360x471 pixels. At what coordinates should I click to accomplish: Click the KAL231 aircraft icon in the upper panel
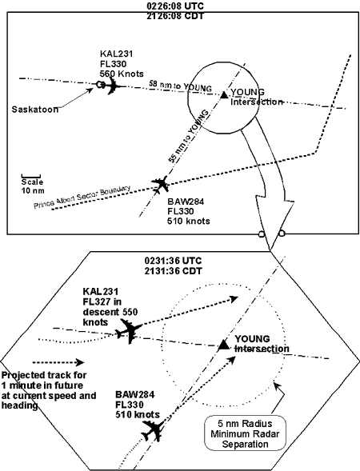112,86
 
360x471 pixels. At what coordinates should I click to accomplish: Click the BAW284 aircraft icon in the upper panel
160,184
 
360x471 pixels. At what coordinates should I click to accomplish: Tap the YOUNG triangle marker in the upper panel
224,94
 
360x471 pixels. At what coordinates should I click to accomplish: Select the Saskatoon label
35,109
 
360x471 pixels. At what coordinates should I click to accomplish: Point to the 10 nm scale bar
31,175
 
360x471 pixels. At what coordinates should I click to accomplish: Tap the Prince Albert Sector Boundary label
82,197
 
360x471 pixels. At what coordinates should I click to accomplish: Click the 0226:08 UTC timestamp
175,6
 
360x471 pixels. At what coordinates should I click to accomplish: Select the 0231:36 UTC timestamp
173,261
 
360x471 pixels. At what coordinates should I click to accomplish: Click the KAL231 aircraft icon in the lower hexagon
130,331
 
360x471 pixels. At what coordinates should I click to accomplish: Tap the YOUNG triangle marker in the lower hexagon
223,345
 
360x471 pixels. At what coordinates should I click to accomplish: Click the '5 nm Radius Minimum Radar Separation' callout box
245,433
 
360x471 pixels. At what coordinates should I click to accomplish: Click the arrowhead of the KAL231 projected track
234,299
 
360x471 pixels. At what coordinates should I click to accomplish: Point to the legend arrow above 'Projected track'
58,362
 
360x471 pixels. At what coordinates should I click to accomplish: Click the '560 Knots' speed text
122,74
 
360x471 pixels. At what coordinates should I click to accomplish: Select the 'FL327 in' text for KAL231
102,302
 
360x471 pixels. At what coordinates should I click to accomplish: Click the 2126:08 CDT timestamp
175,16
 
